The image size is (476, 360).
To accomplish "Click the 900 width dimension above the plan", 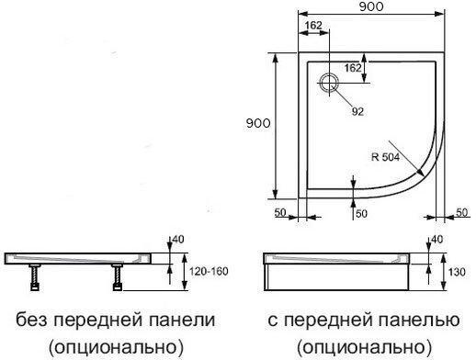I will [372, 7].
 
